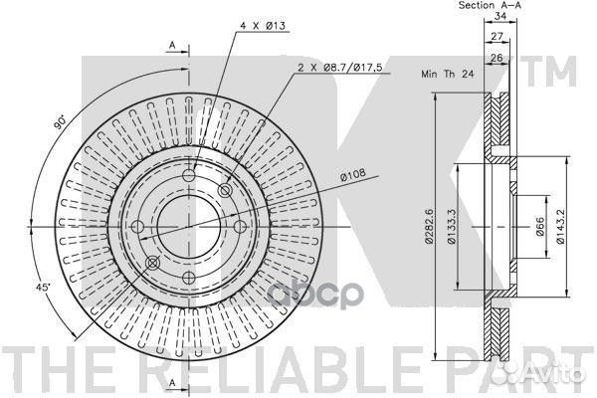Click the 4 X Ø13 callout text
click(263, 26)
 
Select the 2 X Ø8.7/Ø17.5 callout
click(340, 68)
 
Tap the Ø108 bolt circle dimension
click(353, 174)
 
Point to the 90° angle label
click(61, 121)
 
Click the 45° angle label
click(43, 287)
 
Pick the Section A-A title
click(490, 5)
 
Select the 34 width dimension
click(500, 16)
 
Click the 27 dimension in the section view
click(497, 36)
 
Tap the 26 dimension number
click(497, 58)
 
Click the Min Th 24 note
click(448, 74)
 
